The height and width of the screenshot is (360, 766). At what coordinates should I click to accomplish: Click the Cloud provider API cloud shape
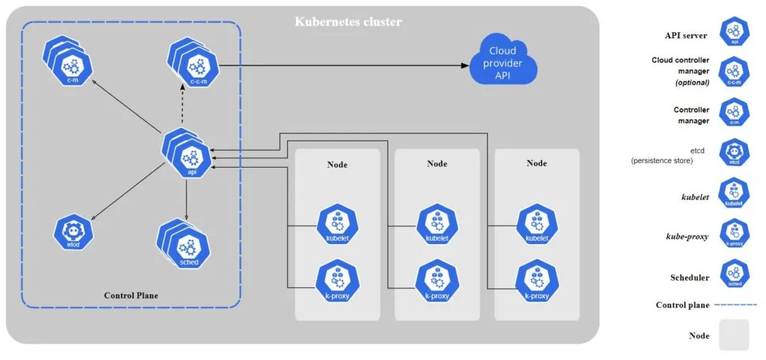pyautogui.click(x=506, y=63)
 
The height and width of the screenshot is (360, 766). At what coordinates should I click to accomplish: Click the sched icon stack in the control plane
pyautogui.click(x=184, y=244)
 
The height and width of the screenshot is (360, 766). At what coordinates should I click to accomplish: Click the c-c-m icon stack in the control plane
pyautogui.click(x=193, y=64)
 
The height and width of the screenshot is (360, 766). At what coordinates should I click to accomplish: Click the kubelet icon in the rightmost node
pyautogui.click(x=536, y=223)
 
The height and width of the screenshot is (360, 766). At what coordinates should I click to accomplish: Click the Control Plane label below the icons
pyautogui.click(x=131, y=296)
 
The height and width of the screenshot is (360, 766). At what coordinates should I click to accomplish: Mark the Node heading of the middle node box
pyautogui.click(x=437, y=163)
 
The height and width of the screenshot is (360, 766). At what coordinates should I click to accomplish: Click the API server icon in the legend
pyautogui.click(x=734, y=34)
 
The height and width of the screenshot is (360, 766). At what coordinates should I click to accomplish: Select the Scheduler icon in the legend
pyautogui.click(x=734, y=274)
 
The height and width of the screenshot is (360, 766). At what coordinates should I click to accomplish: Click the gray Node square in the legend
pyautogui.click(x=734, y=335)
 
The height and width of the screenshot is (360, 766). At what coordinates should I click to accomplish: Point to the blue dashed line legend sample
pyautogui.click(x=737, y=305)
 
